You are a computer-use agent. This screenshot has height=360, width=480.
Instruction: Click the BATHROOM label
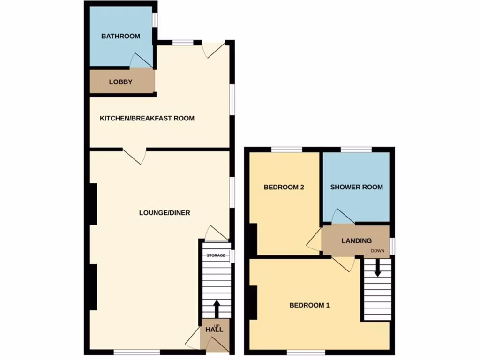pyautogui.click(x=120, y=36)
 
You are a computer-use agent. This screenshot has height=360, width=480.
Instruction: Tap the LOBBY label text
pyautogui.click(x=120, y=82)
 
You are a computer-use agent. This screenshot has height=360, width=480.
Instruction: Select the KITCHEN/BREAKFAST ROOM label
pyautogui.click(x=147, y=118)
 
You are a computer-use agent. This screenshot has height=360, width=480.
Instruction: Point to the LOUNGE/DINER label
pyautogui.click(x=165, y=213)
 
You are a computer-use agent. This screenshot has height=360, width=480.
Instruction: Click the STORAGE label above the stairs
pyautogui.click(x=217, y=255)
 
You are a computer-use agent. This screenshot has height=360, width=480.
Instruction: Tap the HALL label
pyautogui.click(x=214, y=330)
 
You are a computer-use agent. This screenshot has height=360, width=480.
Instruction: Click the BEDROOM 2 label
pyautogui.click(x=284, y=187)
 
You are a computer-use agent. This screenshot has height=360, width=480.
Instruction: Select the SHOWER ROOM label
pyautogui.click(x=356, y=187)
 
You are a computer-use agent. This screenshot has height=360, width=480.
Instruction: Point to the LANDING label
pyautogui.click(x=356, y=241)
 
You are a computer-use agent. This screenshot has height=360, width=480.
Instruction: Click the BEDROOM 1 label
pyautogui.click(x=309, y=305)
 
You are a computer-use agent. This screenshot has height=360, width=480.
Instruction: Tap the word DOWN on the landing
pyautogui.click(x=377, y=251)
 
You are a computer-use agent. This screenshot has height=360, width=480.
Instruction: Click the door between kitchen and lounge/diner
pyautogui.click(x=135, y=156)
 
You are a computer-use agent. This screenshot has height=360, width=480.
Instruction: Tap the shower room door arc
pyautogui.click(x=342, y=216)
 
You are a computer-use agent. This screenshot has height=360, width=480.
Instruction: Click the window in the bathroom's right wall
pyautogui.click(x=154, y=21)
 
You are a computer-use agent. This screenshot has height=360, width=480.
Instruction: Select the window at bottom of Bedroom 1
pyautogui.click(x=306, y=352)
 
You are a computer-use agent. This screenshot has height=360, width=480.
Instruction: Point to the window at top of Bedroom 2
pyautogui.click(x=286, y=150)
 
